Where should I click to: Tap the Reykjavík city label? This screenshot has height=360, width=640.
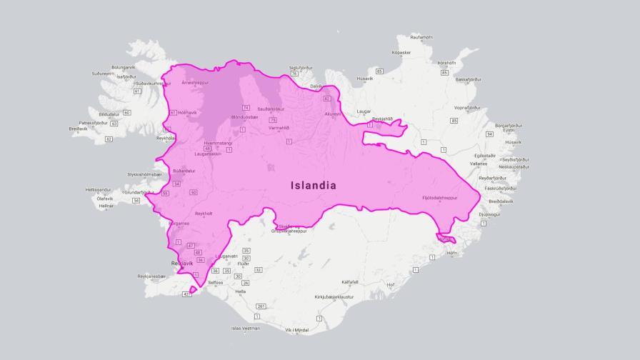(183, 264)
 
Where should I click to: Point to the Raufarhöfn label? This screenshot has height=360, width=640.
(421, 36)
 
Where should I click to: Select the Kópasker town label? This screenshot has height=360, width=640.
(401, 52)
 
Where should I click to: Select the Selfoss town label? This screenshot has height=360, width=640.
(216, 282)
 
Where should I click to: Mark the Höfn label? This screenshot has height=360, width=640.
(451, 253)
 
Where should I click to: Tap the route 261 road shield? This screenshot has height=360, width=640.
(261, 306)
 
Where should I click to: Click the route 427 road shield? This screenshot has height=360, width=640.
(187, 294)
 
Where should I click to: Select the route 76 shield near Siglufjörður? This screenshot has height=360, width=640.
(294, 74)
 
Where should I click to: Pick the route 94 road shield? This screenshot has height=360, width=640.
(489, 134)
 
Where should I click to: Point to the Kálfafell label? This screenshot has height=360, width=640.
(349, 281)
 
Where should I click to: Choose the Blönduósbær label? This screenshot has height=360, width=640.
(245, 116)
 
